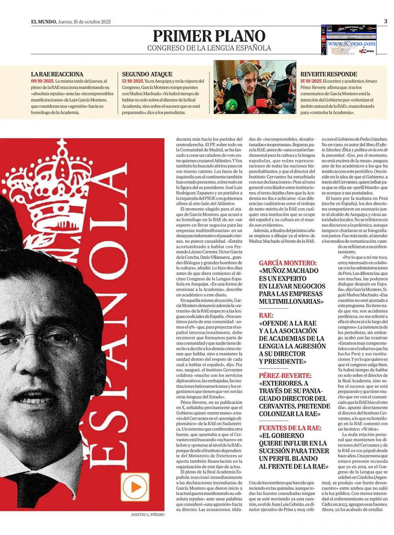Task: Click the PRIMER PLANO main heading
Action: pyautogui.click(x=209, y=36)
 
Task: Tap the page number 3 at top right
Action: pyautogui.click(x=385, y=21)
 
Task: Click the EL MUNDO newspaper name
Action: pyautogui.click(x=44, y=22)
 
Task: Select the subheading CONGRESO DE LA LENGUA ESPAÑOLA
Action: pyautogui.click(x=209, y=48)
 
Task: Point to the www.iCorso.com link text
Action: pyautogui.click(x=351, y=43)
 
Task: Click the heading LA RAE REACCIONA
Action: pyautogui.click(x=57, y=74)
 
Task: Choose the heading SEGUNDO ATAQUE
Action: pyautogui.click(x=147, y=74)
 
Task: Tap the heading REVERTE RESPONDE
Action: pyautogui.click(x=329, y=74)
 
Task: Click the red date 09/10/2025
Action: pyautogui.click(x=42, y=81)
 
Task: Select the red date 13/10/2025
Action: pyautogui.click(x=133, y=81)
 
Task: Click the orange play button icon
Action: pyautogui.click(x=135, y=487)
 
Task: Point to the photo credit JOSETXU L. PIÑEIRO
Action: pyautogui.click(x=147, y=514)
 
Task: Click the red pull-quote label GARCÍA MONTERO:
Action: pyautogui.click(x=287, y=263)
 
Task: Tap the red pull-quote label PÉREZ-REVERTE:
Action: pyautogui.click(x=285, y=376)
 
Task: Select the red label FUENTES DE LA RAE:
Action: pyautogui.click(x=290, y=428)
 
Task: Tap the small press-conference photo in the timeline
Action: pyautogui.click(x=255, y=87)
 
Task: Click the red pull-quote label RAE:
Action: pyautogui.click(x=266, y=315)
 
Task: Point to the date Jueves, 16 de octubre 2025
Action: pyautogui.click(x=84, y=22)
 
